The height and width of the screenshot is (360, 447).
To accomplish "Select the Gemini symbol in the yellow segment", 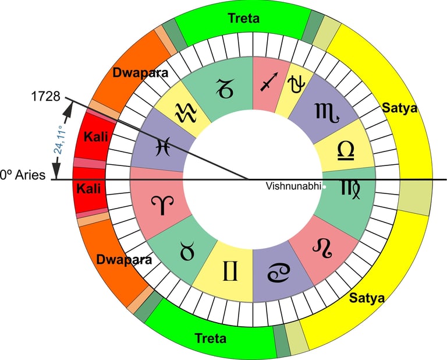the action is (x=228, y=271).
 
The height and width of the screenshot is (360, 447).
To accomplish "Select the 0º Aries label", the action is (x=23, y=174).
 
